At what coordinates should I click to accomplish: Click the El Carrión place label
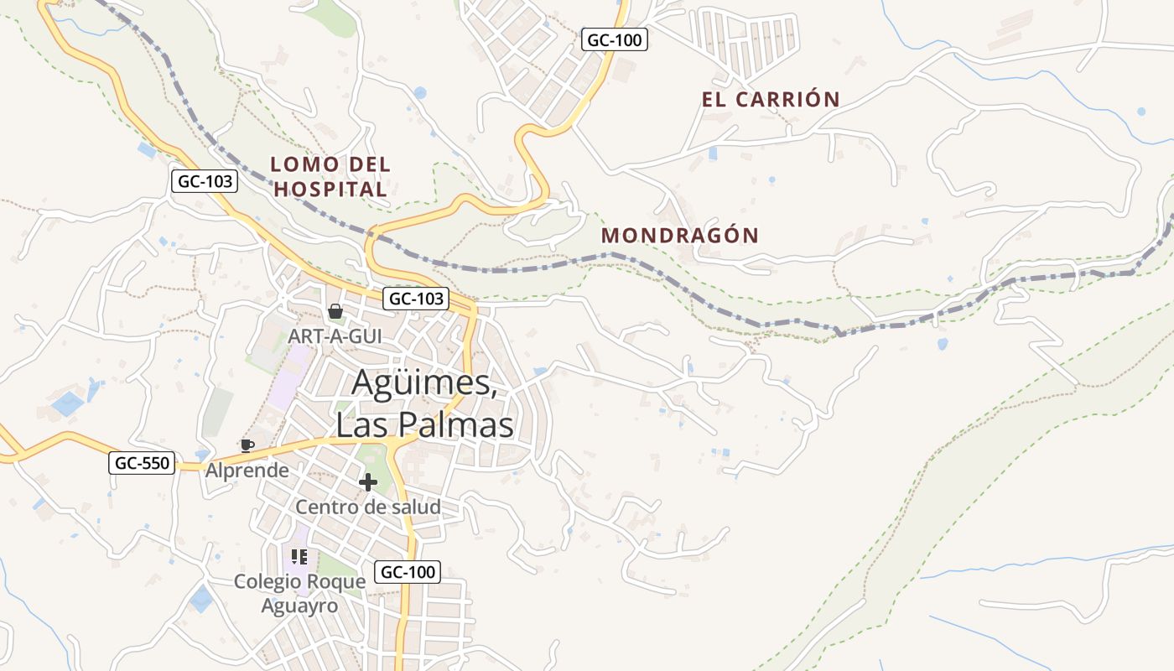[771, 99]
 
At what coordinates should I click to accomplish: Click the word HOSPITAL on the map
[331, 190]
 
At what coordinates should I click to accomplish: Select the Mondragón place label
[680, 236]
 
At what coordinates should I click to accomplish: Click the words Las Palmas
[424, 425]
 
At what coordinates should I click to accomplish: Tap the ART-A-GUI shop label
[335, 335]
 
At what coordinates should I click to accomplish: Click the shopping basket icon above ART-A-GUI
[335, 312]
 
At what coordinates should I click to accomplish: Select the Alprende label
[247, 471]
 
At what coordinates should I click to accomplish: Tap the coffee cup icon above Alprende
[247, 445]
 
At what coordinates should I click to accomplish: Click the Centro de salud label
[367, 507]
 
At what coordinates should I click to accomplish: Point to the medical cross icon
[367, 482]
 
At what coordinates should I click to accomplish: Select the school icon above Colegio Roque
[299, 556]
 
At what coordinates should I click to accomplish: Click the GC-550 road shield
[142, 462]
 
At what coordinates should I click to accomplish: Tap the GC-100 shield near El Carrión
[615, 39]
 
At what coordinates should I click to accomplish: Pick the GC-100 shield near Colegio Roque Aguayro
[408, 572]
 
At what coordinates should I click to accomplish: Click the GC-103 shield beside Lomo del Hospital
[205, 180]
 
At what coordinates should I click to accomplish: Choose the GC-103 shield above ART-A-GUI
[416, 298]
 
